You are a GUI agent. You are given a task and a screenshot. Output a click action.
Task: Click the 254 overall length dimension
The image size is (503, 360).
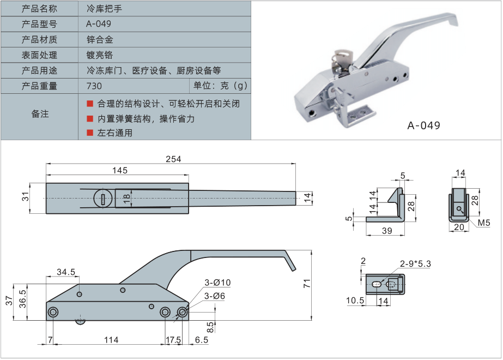[173, 159]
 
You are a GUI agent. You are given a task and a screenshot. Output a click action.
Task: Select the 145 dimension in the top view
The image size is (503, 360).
[120, 170]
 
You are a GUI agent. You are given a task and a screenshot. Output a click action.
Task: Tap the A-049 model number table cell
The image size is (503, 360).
[99, 24]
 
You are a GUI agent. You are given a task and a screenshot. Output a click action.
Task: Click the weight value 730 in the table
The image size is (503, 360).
[94, 86]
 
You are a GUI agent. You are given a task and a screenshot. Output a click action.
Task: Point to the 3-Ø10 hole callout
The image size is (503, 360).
[217, 283]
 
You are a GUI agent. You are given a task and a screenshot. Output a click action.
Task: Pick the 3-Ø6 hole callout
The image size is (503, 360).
[214, 296]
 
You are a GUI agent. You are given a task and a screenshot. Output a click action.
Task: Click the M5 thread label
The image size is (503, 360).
[484, 223]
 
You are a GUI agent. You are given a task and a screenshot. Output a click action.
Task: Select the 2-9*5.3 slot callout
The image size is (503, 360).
[415, 263]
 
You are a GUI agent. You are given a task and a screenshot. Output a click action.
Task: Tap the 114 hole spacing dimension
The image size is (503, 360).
[111, 339]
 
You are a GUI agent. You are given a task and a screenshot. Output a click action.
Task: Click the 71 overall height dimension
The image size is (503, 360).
[307, 283]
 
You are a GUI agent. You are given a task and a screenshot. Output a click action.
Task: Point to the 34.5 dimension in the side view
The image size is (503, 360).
[66, 272]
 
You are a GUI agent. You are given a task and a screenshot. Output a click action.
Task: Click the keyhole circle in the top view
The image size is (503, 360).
[103, 198]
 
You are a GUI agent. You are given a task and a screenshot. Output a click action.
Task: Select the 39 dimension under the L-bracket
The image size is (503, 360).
[387, 231]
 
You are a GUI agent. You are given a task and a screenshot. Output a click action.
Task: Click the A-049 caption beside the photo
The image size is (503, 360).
[423, 125]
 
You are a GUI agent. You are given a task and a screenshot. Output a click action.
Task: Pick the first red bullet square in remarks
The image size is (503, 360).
[90, 104]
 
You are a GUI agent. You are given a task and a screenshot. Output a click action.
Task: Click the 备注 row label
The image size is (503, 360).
[40, 114]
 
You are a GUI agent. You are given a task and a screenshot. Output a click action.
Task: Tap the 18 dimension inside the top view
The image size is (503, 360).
[126, 198]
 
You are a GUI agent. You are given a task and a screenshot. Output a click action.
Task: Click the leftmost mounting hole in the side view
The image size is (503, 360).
[53, 312]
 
